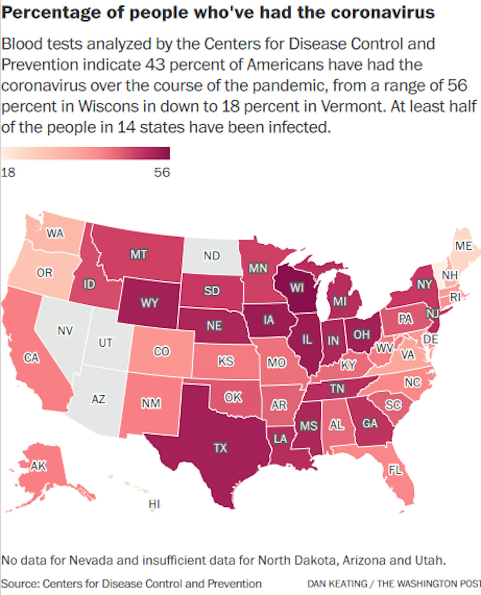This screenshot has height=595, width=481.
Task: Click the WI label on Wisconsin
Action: click(297, 288)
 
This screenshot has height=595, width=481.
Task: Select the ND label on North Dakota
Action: click(212, 256)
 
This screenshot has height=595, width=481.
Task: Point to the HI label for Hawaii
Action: click(154, 504)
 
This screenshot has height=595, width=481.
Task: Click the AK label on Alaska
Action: click(39, 466)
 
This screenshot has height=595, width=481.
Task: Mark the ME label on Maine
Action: click(464, 246)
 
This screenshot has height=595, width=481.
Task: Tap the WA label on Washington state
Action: click(55, 233)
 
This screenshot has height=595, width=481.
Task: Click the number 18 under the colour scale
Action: click(8, 173)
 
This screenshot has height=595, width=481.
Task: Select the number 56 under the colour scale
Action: click(162, 173)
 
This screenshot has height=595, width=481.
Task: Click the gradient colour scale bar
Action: click(85, 153)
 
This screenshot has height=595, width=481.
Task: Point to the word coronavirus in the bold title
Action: click(383, 12)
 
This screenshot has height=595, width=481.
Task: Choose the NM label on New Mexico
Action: click(151, 403)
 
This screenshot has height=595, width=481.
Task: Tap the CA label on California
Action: click(32, 358)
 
